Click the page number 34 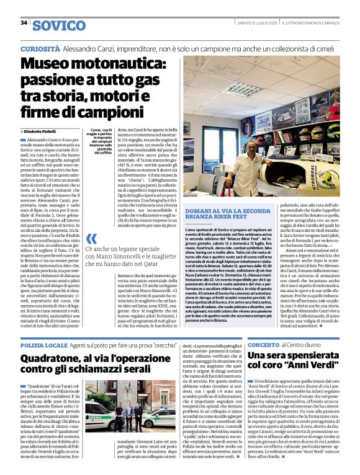(x=24, y=23)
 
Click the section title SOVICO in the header (x=58, y=25)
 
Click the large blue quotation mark (x=91, y=239)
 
